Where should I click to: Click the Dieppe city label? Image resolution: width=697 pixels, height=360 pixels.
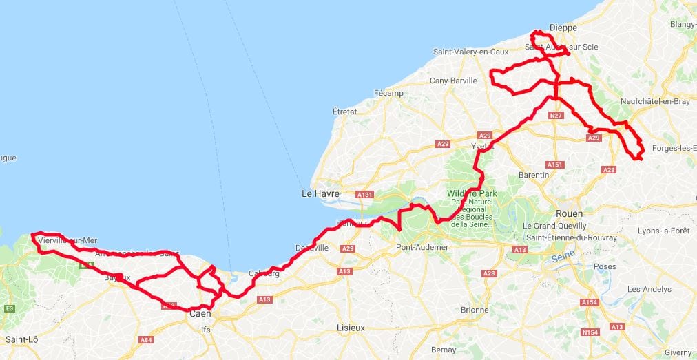pos(563,28)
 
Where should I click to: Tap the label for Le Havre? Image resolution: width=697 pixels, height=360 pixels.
pos(321,194)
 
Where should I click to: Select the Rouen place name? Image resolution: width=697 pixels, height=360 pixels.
pos(569,213)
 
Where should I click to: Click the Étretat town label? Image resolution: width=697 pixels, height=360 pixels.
pos(345,111)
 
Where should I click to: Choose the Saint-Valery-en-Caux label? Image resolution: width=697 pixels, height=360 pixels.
pos(470,52)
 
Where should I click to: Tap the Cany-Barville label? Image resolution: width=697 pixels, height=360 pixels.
pos(453,81)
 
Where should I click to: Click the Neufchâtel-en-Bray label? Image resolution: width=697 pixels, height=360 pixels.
pos(655,100)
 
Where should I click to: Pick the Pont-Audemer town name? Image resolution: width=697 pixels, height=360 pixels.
pos(422,247)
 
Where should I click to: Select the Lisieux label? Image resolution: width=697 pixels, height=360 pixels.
pos(352,328)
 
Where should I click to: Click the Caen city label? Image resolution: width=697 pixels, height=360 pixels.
pos(200,314)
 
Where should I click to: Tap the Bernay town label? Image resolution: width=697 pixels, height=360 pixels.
pos(443,350)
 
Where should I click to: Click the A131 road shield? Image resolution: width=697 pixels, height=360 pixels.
pos(365,195)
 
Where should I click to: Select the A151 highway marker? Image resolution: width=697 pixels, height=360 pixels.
pos(555,165)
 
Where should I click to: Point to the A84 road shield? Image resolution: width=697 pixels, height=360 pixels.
pos(146,339)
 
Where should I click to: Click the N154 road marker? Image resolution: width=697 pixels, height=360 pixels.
pos(590,332)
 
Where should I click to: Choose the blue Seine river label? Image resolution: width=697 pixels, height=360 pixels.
pos(563,259)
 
